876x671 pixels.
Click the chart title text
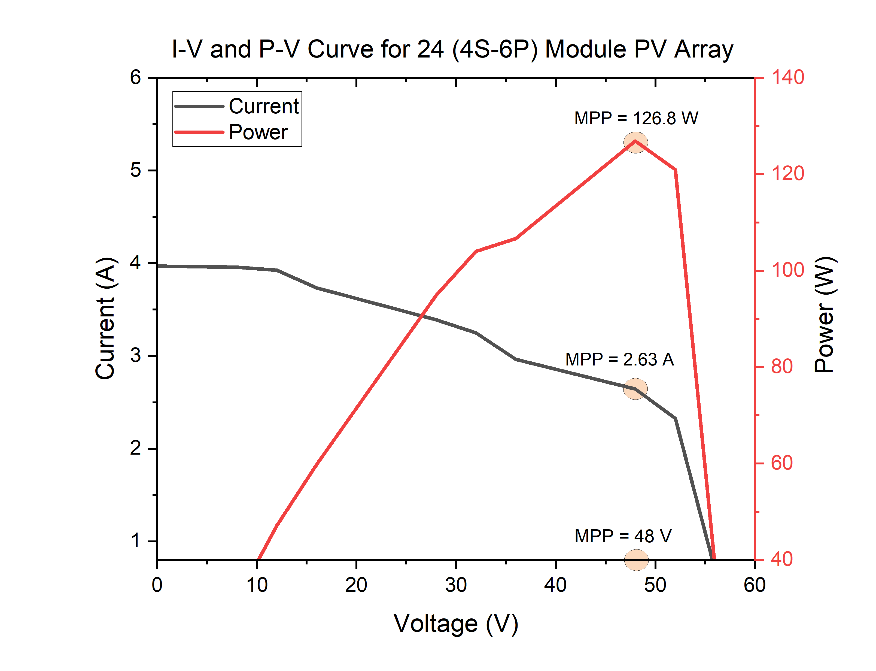point(452,50)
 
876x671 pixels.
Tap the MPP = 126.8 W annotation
point(636,118)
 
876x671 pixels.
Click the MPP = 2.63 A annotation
point(619,359)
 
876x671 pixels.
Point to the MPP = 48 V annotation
point(623,536)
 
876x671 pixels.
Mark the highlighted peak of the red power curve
point(635,142)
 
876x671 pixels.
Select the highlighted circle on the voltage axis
point(636,560)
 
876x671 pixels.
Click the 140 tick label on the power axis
point(787,77)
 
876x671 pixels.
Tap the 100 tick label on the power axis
point(787,270)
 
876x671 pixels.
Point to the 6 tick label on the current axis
point(136,77)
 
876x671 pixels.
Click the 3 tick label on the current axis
point(136,355)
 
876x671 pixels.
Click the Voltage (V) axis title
point(456,624)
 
